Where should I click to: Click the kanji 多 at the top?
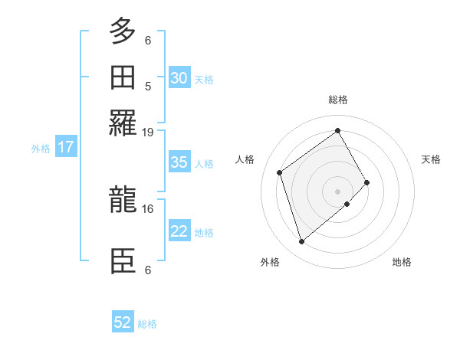pos(123,31)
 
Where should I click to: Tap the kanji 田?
pos(123,77)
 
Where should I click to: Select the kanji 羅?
pos(123,123)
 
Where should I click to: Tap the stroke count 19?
pos(148,133)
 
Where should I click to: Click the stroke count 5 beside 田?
pos(148,87)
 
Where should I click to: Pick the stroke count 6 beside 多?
pos(148,40)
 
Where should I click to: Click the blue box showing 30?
pos(179,78)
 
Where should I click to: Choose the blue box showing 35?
pos(179,162)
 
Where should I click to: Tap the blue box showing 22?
pos(179,231)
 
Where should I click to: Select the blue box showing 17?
pos(66,147)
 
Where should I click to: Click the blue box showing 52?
pos(123,322)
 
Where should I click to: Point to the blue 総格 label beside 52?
pos(147,324)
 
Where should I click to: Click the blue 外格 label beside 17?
pos(41,149)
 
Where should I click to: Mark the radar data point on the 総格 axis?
pos(337,130)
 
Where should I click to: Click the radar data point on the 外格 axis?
pos(301,242)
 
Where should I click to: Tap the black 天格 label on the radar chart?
pos(431,159)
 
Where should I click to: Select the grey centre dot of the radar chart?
pos(337,190)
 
